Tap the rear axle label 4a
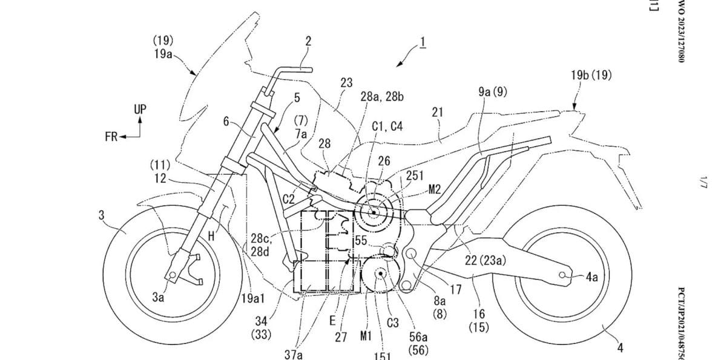click(x=591, y=278)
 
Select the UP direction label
click(x=140, y=110)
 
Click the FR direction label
click(x=111, y=137)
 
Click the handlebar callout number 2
click(x=308, y=41)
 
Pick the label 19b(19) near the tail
click(x=591, y=76)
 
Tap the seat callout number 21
click(x=438, y=111)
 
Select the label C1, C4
click(x=387, y=126)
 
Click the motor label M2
click(x=434, y=189)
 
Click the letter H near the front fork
click(x=211, y=237)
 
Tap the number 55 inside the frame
click(x=361, y=240)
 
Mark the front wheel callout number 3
click(x=100, y=217)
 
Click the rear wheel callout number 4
click(x=620, y=348)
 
